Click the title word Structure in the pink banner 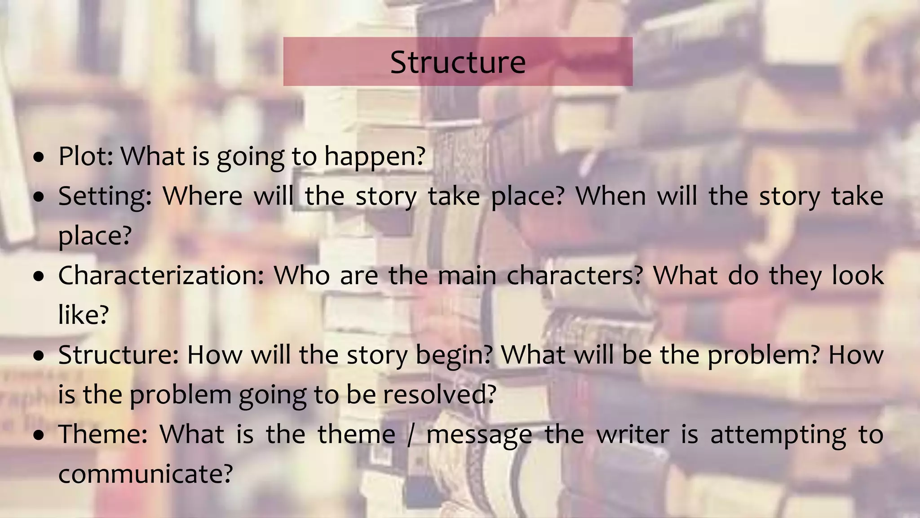tap(458, 62)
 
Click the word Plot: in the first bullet tap(86, 156)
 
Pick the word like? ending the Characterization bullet tap(84, 314)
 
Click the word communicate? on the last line tap(146, 474)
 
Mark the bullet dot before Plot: tap(39, 157)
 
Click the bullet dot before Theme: tap(39, 436)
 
